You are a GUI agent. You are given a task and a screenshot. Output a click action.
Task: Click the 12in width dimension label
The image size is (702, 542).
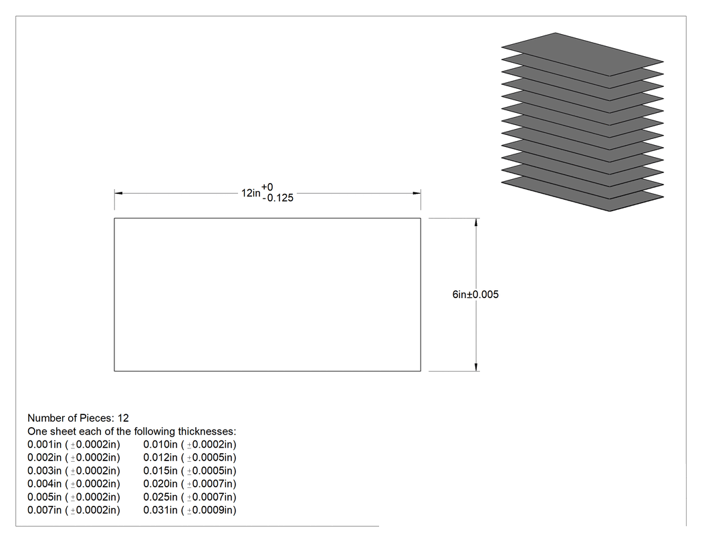point(251,193)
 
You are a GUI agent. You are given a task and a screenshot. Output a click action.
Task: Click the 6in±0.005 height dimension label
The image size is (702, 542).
point(475,295)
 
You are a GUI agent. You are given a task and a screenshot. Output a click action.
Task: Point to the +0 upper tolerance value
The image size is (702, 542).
point(267,187)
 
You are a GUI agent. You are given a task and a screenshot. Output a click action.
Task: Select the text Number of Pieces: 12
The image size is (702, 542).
point(78,418)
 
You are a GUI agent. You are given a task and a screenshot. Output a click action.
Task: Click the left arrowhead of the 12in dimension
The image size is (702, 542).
point(118,193)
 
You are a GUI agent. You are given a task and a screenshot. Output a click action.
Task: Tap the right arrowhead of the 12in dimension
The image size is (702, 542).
point(417,193)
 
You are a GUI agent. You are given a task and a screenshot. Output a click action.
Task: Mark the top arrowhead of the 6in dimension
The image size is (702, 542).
point(476,223)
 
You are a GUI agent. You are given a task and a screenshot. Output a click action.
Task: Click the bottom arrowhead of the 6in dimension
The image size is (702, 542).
point(476,367)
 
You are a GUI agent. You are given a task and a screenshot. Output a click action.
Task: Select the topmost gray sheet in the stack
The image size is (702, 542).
point(582,54)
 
